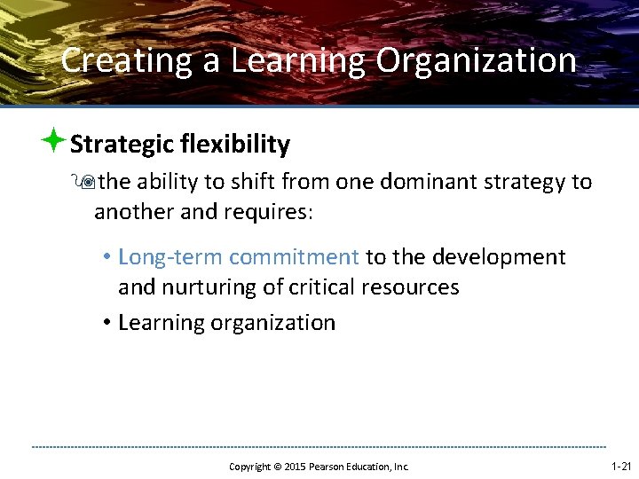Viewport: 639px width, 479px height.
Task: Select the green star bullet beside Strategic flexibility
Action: coord(55,140)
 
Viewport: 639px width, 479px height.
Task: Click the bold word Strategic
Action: coord(121,144)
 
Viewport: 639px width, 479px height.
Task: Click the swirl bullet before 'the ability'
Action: coord(87,183)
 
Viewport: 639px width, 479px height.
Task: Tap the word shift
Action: coord(253,182)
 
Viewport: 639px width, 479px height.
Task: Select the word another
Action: coord(134,212)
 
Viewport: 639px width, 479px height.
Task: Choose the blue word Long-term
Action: coord(170,257)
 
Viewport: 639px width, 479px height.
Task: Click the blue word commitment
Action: coord(294,257)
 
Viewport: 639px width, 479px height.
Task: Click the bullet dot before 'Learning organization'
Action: coord(105,322)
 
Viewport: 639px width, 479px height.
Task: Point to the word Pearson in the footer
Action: coord(330,467)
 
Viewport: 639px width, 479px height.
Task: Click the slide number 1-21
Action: coord(621,466)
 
